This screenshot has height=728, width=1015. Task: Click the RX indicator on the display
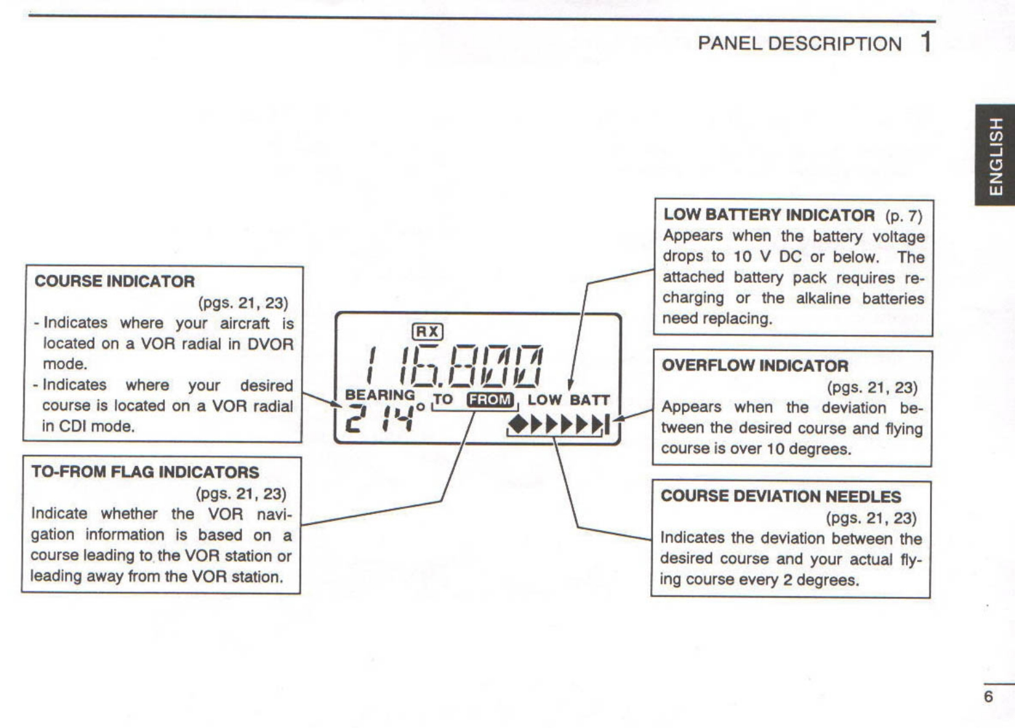tap(428, 332)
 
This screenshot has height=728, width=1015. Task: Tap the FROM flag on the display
tap(490, 400)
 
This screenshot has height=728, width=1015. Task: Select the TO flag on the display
tap(443, 399)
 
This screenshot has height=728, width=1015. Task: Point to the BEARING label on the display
tap(380, 394)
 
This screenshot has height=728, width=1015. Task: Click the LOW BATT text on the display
tap(569, 400)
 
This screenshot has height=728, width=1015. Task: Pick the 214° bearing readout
tap(384, 418)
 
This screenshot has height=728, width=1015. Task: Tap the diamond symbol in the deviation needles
tap(518, 424)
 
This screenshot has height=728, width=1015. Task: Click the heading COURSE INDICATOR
tap(114, 281)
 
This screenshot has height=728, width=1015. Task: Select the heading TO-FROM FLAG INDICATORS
tap(145, 472)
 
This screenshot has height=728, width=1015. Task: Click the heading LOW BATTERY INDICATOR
tap(769, 215)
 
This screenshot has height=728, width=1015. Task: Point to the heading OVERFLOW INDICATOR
tap(755, 365)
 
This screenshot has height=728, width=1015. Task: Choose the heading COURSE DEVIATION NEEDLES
tap(781, 496)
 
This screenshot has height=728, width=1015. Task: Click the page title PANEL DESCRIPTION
tap(800, 43)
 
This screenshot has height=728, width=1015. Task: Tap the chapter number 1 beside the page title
tap(926, 42)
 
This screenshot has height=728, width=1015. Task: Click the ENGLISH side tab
tap(995, 155)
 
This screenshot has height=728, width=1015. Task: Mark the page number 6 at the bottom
tap(988, 697)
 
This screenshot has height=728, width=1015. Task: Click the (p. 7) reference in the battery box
tap(903, 215)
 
